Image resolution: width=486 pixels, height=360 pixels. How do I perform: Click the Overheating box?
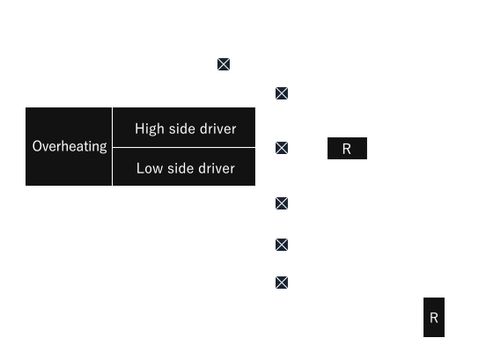point(69,146)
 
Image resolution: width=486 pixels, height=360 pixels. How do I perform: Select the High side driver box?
point(184,127)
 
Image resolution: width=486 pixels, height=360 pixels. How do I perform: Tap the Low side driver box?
point(184,167)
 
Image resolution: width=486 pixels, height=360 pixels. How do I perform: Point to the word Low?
point(150,168)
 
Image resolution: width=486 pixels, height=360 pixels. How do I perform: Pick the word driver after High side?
point(217,129)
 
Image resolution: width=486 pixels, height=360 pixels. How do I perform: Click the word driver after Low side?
point(217,168)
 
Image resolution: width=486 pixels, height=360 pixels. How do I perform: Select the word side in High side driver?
point(181,129)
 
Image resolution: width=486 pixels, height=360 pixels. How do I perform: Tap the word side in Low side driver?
point(180,168)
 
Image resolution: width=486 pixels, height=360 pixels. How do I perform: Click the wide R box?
point(347,149)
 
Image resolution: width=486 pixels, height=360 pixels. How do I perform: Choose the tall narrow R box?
point(434,317)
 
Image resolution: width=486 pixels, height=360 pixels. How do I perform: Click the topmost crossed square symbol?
point(224,64)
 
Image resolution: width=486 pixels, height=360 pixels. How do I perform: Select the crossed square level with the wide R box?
point(282,148)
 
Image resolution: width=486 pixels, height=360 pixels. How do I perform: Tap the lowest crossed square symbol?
point(282,283)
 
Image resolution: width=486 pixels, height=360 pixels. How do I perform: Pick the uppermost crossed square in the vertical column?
point(282,93)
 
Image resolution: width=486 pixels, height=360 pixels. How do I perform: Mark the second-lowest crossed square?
point(282,245)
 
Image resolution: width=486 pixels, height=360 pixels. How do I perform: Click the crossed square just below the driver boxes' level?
point(282,203)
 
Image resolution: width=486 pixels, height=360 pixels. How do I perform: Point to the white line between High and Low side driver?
point(184,148)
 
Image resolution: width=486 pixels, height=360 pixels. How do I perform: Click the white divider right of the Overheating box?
point(112,146)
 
